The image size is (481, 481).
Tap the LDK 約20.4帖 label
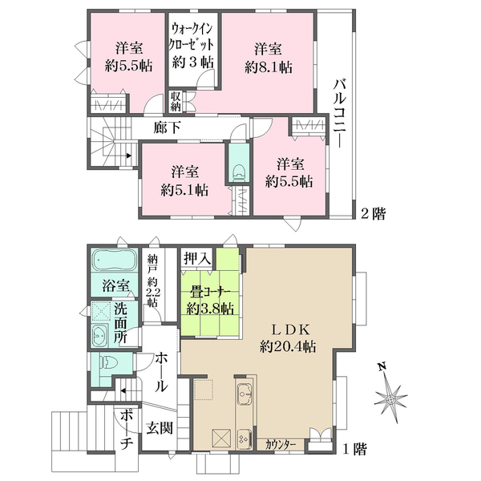[288, 338]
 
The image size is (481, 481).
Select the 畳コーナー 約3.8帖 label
[210, 301]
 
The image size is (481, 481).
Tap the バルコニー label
[340, 113]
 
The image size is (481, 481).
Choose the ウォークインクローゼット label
[192, 38]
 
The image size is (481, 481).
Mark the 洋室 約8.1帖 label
[268, 59]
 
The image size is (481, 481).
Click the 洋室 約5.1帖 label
[185, 181]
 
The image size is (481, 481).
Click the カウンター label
[280, 444]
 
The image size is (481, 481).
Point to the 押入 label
[197, 259]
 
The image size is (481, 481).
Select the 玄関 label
[160, 427]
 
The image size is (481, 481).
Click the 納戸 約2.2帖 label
[152, 280]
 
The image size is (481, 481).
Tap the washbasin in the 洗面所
[99, 336]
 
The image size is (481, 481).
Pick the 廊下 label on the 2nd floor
[167, 127]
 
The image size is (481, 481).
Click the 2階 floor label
[373, 213]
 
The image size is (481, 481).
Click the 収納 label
[176, 102]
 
